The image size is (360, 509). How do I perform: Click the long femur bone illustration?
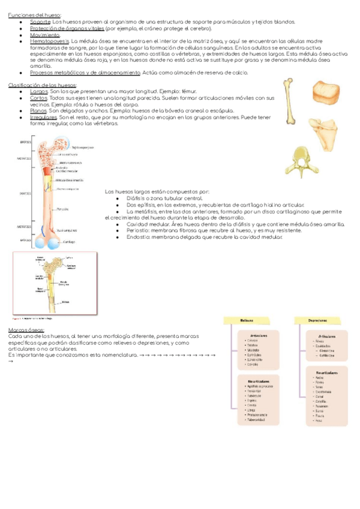pyautogui.click(x=291, y=101)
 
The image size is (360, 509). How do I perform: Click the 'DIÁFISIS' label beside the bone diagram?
pyautogui.click(x=25, y=194)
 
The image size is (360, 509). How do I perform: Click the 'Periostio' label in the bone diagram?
pyautogui.click(x=63, y=209)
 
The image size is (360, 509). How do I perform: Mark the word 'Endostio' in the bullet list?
pyautogui.click(x=137, y=236)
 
